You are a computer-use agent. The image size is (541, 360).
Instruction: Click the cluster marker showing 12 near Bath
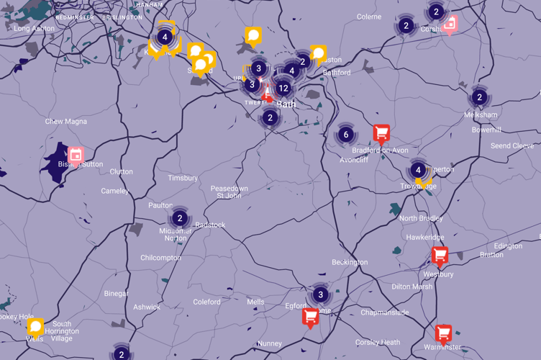click(x=283, y=88)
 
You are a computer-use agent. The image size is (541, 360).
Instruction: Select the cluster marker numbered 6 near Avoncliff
click(x=346, y=135)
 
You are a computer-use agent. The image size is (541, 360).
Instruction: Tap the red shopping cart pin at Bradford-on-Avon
click(x=381, y=132)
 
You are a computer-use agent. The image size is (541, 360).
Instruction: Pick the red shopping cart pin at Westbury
click(x=440, y=255)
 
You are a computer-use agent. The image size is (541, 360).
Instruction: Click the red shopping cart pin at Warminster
click(x=443, y=333)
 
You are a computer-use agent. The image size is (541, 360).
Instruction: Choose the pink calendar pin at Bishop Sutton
click(x=76, y=155)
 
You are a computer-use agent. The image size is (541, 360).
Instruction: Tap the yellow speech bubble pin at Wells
click(x=35, y=327)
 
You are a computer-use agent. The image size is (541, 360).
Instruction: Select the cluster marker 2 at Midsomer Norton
click(x=180, y=218)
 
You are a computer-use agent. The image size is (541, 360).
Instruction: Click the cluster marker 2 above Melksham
click(x=479, y=98)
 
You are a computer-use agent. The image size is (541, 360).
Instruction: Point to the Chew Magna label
click(x=65, y=122)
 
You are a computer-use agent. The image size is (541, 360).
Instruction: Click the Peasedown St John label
click(x=229, y=192)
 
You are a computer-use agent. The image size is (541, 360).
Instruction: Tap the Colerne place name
click(x=369, y=17)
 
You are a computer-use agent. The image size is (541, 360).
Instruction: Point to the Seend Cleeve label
click(x=512, y=146)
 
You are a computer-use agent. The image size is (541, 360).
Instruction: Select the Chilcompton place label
click(x=160, y=258)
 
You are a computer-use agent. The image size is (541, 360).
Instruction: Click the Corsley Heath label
click(x=377, y=343)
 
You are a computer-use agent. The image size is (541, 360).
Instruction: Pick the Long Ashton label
click(x=34, y=29)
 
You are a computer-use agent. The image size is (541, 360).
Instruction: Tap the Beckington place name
click(x=350, y=263)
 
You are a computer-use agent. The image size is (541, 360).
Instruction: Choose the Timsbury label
click(x=183, y=178)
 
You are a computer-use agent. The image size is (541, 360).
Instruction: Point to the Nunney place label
click(x=270, y=344)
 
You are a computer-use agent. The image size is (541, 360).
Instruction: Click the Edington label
click(x=508, y=246)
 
